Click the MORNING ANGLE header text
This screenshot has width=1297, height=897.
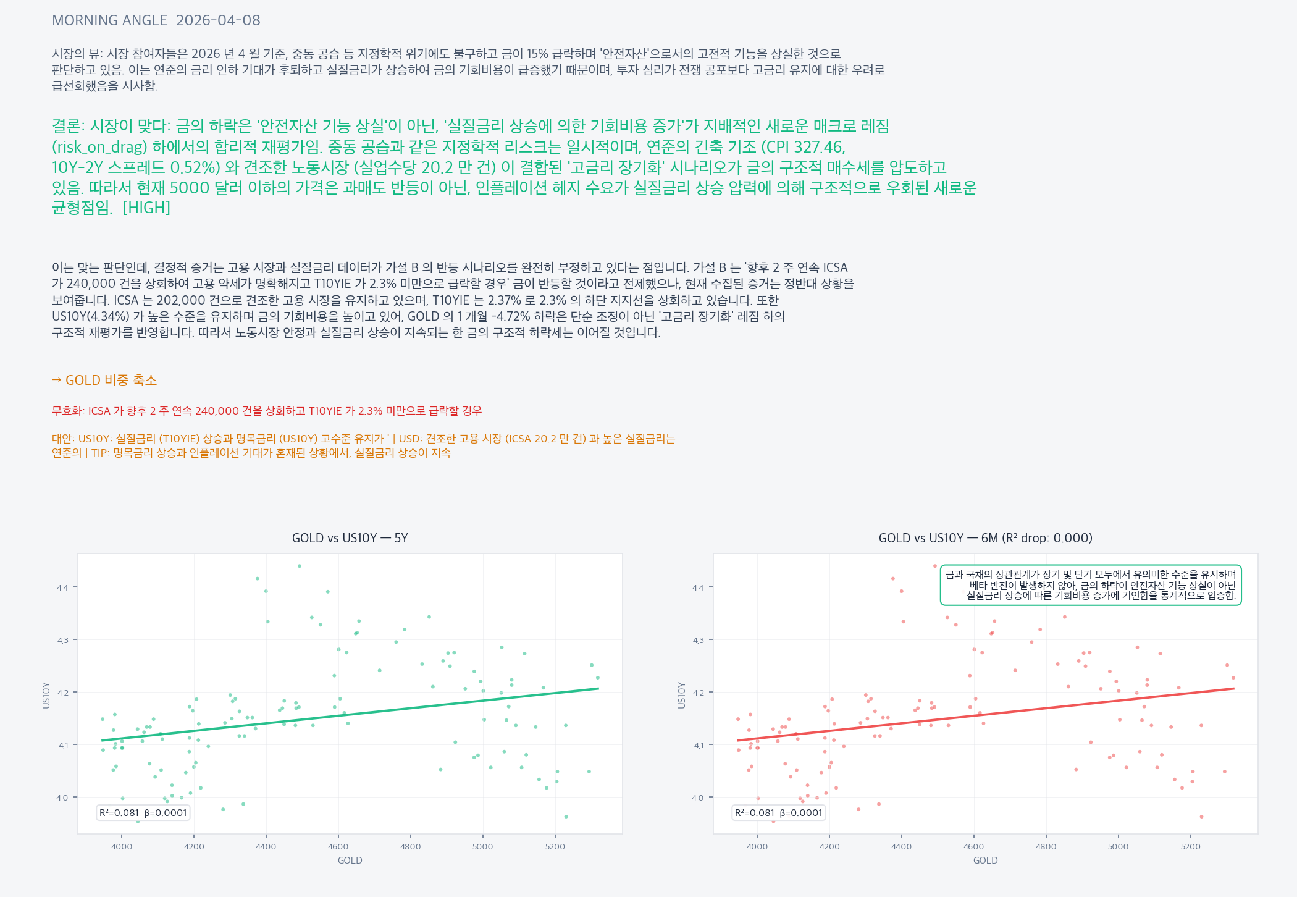click(x=109, y=20)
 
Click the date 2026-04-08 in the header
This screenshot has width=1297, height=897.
click(x=218, y=20)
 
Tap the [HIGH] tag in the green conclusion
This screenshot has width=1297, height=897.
click(x=146, y=208)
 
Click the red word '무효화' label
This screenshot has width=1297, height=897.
click(x=67, y=411)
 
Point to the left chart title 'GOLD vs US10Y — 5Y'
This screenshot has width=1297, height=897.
click(x=350, y=538)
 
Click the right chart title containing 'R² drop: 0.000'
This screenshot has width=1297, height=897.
click(x=985, y=538)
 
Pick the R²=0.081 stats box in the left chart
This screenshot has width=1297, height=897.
click(x=143, y=813)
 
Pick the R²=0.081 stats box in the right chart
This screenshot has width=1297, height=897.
click(x=779, y=813)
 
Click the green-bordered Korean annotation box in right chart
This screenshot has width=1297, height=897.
click(x=1090, y=585)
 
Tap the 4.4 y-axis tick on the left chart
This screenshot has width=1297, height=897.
click(x=62, y=587)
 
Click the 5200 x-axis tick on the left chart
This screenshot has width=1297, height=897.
click(x=555, y=846)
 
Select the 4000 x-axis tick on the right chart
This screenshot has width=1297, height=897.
click(x=757, y=846)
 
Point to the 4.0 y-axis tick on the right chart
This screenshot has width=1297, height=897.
click(x=698, y=798)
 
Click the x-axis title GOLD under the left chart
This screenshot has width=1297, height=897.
click(x=350, y=861)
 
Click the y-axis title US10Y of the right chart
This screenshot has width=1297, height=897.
click(x=682, y=695)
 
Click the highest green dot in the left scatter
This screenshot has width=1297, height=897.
click(x=300, y=566)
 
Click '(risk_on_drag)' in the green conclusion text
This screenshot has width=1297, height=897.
click(x=99, y=147)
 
